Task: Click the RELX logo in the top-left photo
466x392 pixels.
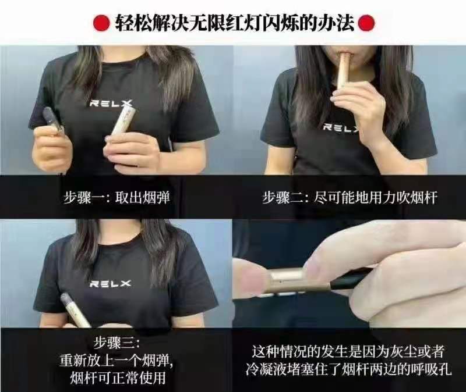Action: [x=110, y=103]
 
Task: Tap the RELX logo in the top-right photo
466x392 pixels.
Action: [x=341, y=127]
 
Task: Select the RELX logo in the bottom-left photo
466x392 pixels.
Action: [x=110, y=284]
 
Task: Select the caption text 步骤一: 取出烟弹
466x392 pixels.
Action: [x=117, y=198]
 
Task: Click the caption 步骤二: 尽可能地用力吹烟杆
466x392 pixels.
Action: [x=349, y=198]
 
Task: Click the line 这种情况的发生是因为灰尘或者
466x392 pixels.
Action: [x=348, y=352]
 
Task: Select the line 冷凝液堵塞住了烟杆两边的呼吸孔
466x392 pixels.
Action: [x=348, y=370]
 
